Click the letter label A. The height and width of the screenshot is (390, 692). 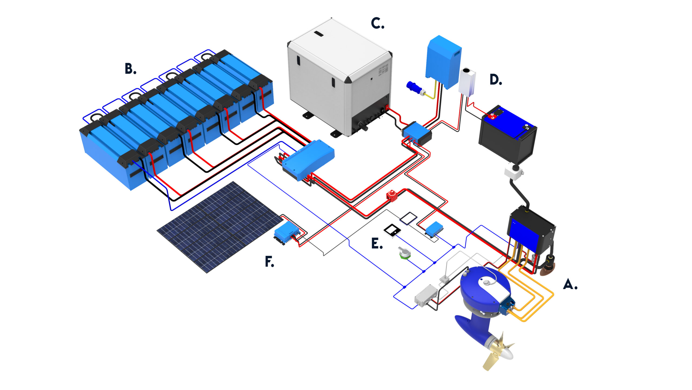[x=570, y=284]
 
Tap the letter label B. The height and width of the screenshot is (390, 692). [x=130, y=69]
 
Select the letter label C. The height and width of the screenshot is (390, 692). [x=377, y=24]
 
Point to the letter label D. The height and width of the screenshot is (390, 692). [x=496, y=80]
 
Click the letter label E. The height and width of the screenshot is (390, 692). [x=377, y=243]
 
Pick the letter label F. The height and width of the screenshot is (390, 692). [x=269, y=262]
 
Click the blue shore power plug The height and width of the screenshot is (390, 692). [x=414, y=88]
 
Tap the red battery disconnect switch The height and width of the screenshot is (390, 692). [x=392, y=196]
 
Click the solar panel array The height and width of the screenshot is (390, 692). [x=219, y=227]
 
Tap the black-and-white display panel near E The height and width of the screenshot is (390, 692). [x=392, y=230]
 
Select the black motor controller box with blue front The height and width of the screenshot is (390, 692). [x=531, y=230]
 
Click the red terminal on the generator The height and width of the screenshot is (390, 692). [x=387, y=108]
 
